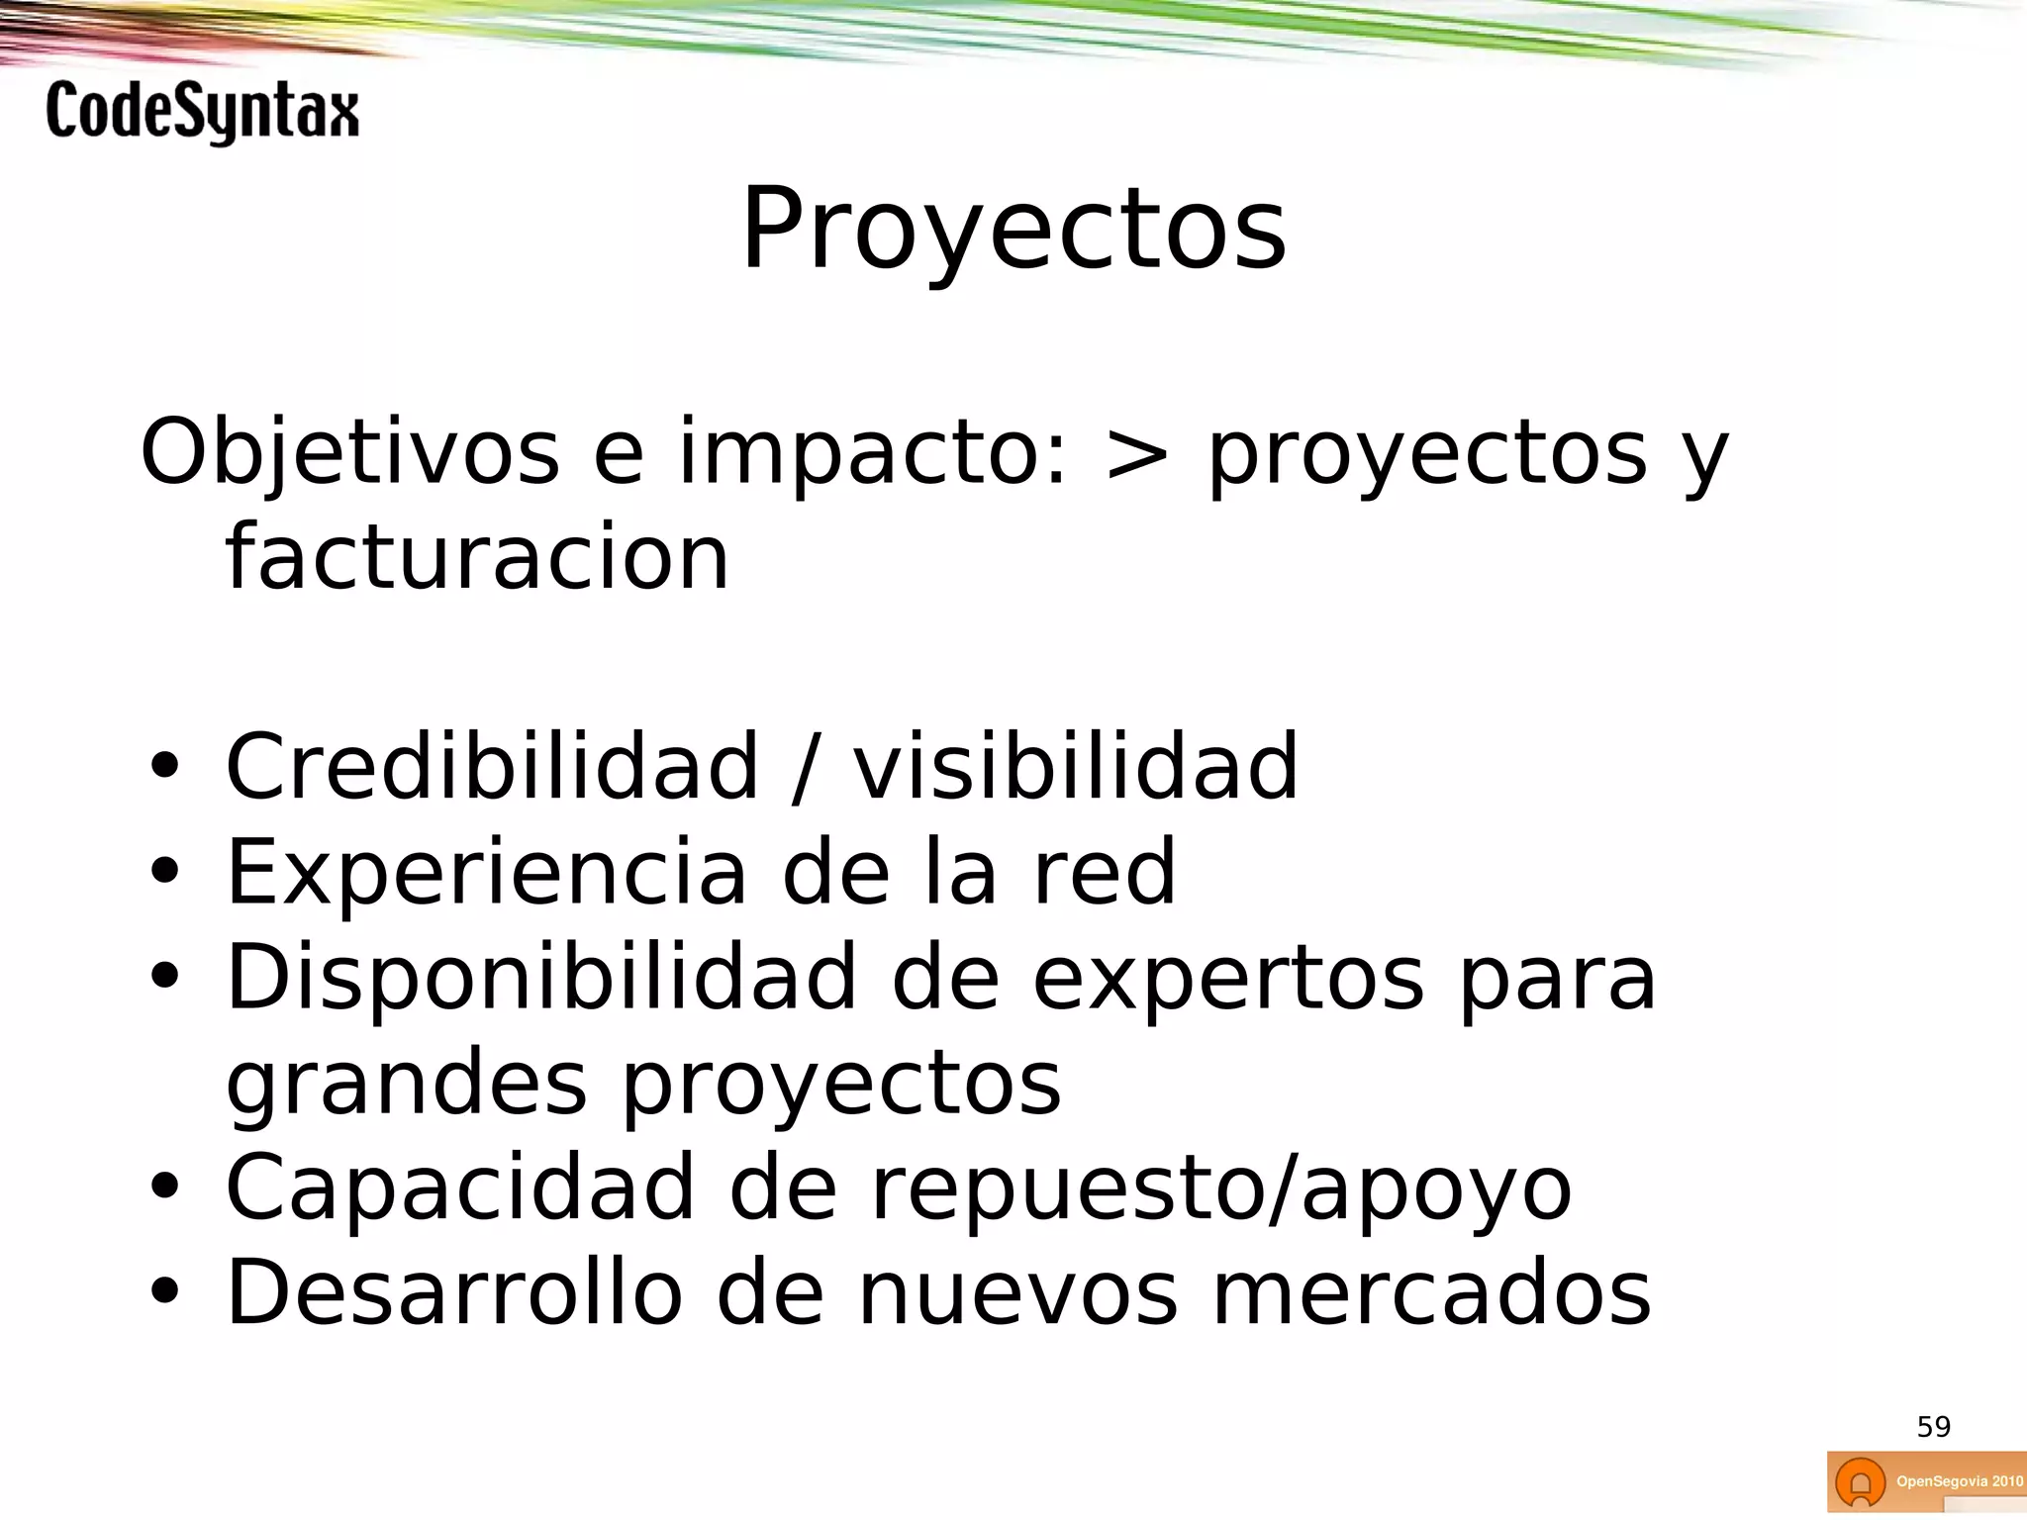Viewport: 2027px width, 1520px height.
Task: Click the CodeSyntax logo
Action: point(202,112)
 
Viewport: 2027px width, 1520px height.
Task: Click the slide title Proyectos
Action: point(1013,230)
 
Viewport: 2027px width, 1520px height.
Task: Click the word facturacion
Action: point(477,558)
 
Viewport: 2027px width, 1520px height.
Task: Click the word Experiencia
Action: point(486,872)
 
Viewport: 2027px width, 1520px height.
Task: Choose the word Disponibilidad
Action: point(541,978)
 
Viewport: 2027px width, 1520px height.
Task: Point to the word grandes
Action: point(407,1085)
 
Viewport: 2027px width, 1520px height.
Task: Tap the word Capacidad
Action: point(460,1187)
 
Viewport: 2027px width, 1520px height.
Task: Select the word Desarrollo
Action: point(454,1292)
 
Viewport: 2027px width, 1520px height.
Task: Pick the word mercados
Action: point(1432,1292)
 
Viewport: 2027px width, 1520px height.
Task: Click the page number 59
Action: point(1933,1427)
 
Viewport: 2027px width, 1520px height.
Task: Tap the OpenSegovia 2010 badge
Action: point(1926,1481)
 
